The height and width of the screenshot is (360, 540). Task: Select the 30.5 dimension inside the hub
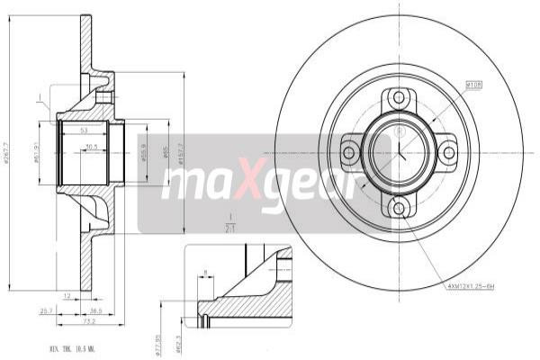pyautogui.click(x=91, y=146)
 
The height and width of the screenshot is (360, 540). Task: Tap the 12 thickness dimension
pyautogui.click(x=67, y=294)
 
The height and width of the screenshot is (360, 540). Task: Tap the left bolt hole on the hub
pyautogui.click(x=349, y=153)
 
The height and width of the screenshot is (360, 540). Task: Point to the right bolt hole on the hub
pyautogui.click(x=448, y=153)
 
